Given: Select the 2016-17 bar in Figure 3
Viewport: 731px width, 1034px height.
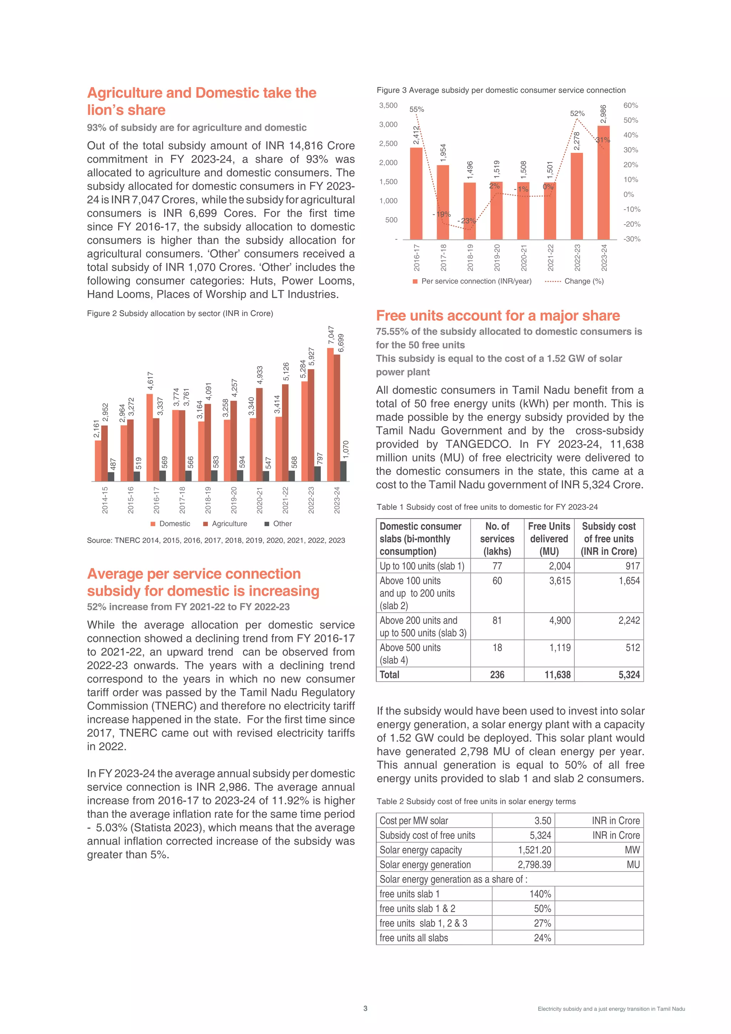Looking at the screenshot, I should click(416, 194).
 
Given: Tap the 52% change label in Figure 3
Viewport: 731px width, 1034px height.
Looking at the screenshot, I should click(577, 114).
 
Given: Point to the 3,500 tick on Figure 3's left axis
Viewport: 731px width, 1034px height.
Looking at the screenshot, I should click(388, 105).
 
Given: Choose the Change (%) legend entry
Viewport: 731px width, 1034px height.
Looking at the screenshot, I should click(574, 281).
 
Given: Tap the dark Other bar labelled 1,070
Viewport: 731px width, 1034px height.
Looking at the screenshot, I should click(343, 471).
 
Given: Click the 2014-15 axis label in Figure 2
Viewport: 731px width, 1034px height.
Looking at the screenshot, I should click(105, 500).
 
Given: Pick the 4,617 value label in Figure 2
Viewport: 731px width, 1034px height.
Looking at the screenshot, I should click(150, 381).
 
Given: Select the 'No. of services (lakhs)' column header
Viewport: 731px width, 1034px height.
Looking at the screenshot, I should click(497, 539).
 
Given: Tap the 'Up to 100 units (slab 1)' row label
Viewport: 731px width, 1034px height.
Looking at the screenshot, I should click(422, 566).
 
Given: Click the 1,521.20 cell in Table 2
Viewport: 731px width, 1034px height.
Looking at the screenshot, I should click(534, 850).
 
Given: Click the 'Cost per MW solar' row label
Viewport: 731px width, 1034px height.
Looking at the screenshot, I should click(414, 820).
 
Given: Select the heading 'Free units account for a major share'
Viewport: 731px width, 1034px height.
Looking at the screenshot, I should click(498, 315).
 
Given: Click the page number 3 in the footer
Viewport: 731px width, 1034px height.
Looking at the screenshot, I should click(365, 1008).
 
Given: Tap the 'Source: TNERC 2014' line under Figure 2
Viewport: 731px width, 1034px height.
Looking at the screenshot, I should click(216, 540).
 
